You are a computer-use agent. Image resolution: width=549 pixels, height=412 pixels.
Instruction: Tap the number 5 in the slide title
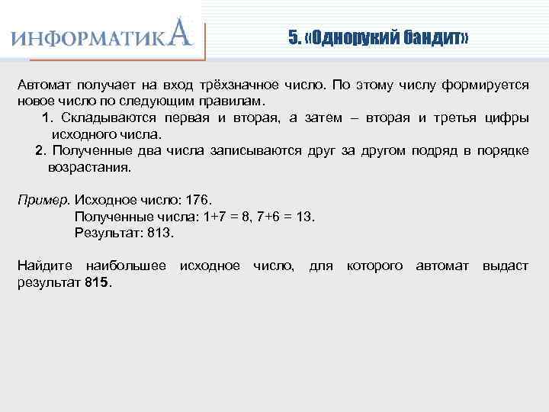tap(293, 38)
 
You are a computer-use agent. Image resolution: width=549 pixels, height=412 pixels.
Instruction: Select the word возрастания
tap(89, 166)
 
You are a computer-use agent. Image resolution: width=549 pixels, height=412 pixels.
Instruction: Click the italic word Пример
tap(43, 200)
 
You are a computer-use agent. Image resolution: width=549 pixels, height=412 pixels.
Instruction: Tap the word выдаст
tap(506, 266)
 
